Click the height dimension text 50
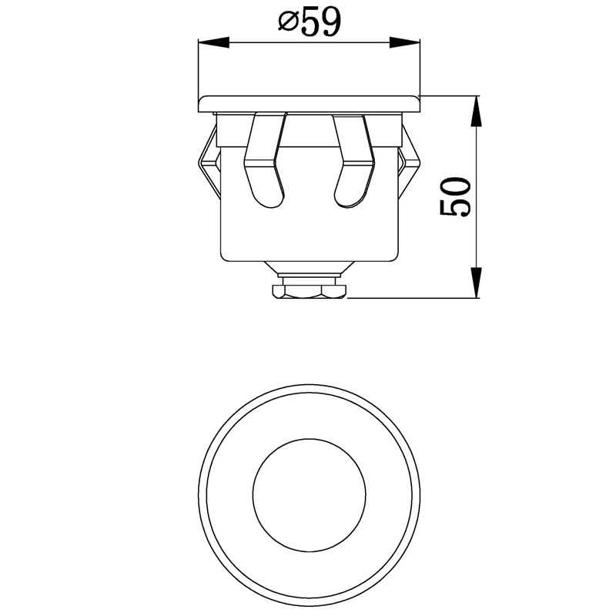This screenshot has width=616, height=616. tap(454, 196)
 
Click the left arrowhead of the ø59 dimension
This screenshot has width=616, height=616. tap(214, 43)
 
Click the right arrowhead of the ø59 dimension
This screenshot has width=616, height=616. tap(405, 43)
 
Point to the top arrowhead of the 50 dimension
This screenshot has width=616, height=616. tap(476, 111)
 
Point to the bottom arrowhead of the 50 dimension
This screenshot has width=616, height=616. tap(476, 283)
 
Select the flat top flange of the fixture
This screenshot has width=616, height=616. tap(310, 104)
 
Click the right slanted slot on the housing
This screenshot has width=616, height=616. tap(353, 160)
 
